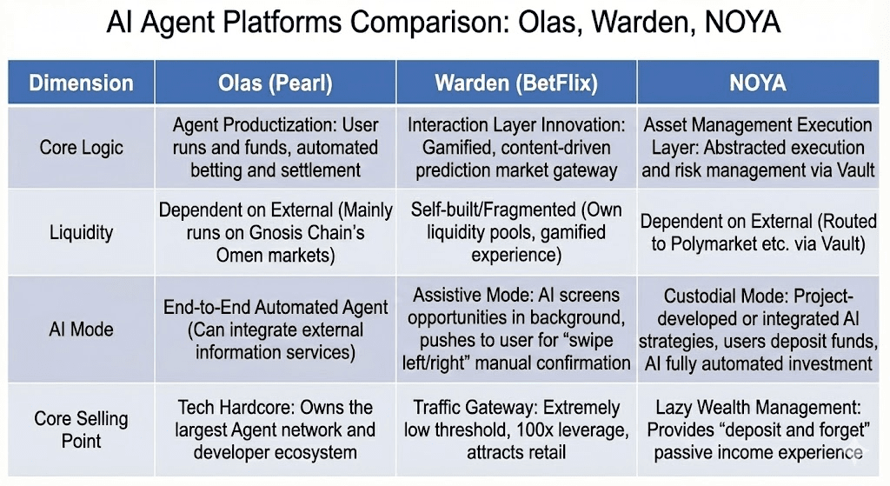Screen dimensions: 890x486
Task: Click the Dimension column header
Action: [x=81, y=83]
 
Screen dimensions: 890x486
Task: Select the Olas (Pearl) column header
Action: [x=275, y=83]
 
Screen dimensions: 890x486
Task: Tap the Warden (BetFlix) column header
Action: [x=516, y=83]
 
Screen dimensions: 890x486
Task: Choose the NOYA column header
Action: [x=758, y=83]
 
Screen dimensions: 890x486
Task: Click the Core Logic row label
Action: [x=81, y=147]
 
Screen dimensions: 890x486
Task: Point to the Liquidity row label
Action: [x=81, y=233]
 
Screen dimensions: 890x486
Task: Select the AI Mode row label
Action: [x=81, y=330]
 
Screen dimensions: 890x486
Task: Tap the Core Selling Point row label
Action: [x=81, y=429]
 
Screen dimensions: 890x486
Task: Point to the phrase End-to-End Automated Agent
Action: [x=276, y=308]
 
